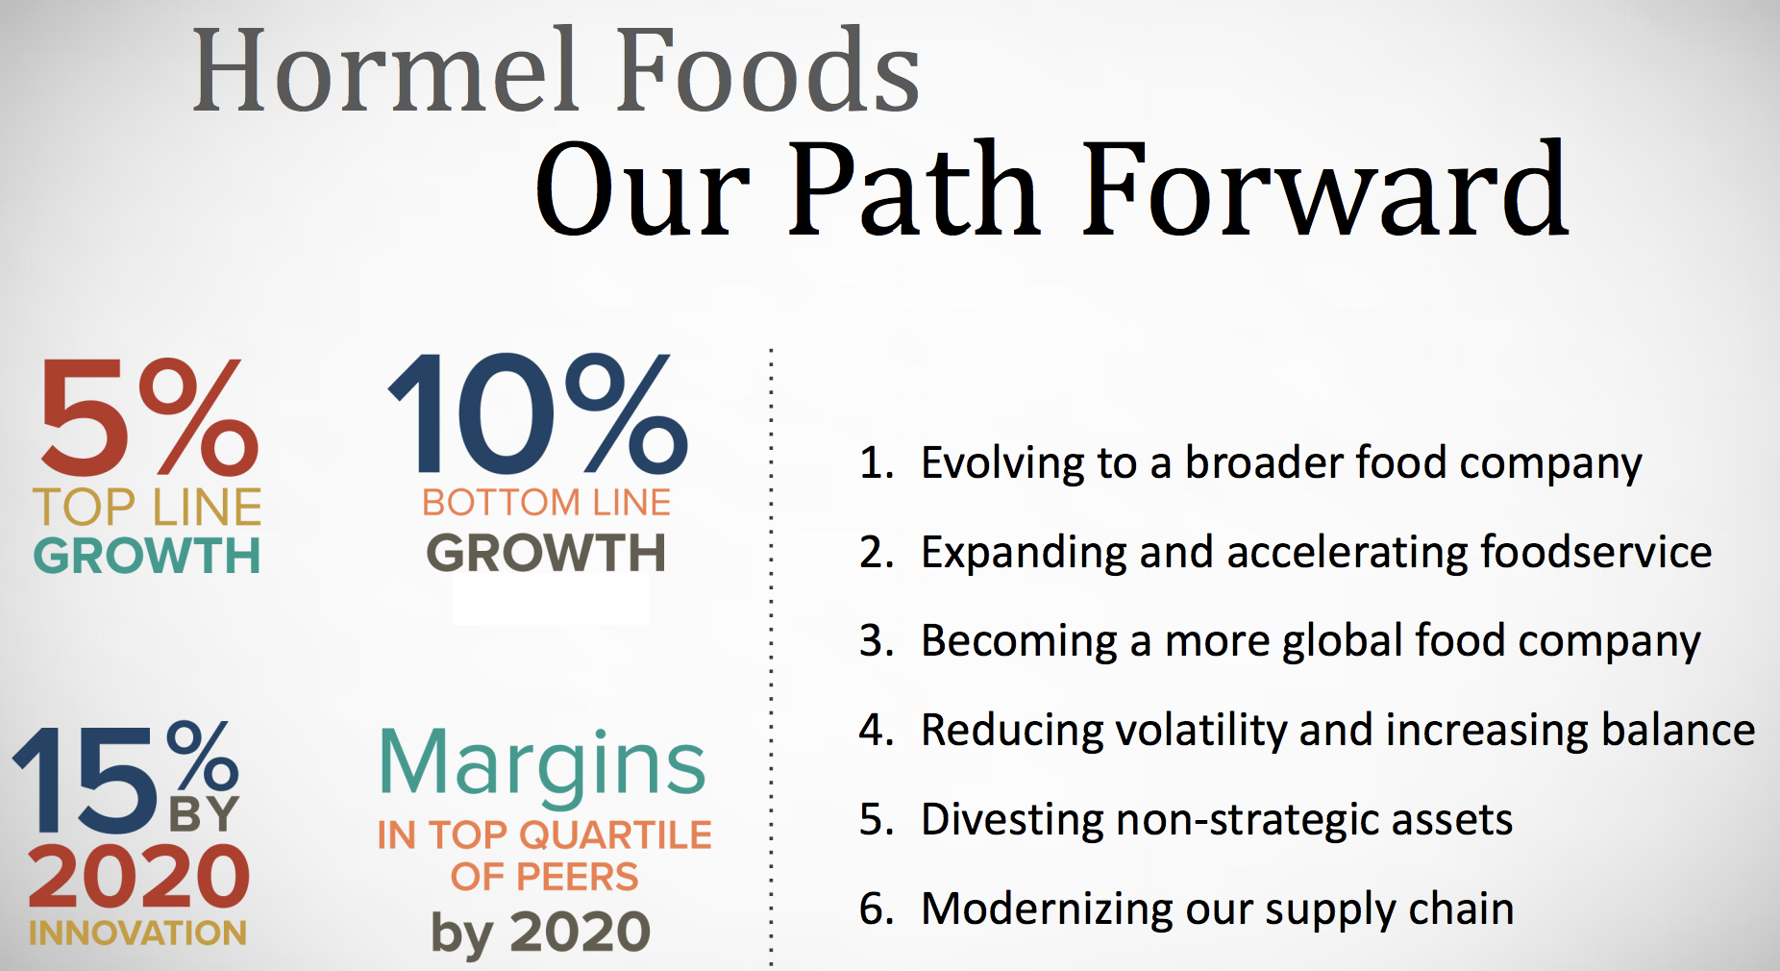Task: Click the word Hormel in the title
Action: point(385,70)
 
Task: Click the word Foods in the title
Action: point(768,70)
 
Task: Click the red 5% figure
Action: point(149,417)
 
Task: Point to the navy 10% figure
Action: point(537,413)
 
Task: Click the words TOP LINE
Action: point(147,507)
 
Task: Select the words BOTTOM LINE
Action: point(546,502)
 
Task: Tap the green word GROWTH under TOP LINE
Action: point(147,556)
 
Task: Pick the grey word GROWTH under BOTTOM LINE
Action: point(546,553)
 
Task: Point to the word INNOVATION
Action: point(137,933)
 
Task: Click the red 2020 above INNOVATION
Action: point(139,876)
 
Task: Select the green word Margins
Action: point(543,765)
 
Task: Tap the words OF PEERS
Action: point(544,877)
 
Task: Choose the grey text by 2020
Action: point(540,934)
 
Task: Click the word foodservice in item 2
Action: point(1595,552)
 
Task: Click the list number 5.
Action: point(873,819)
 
